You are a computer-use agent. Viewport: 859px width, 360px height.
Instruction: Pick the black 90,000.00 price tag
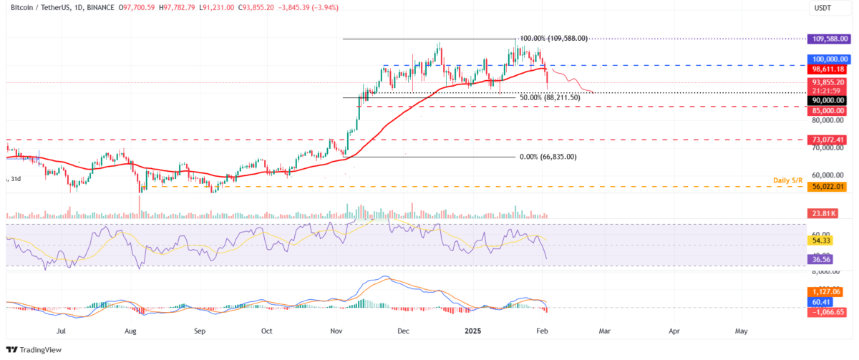pyautogui.click(x=827, y=101)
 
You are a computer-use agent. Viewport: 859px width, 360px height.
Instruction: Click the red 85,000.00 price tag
pyautogui.click(x=827, y=111)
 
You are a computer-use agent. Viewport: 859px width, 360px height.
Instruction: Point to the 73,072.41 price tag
pyautogui.click(x=827, y=139)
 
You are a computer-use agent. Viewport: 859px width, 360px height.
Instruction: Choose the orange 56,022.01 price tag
pyautogui.click(x=827, y=186)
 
